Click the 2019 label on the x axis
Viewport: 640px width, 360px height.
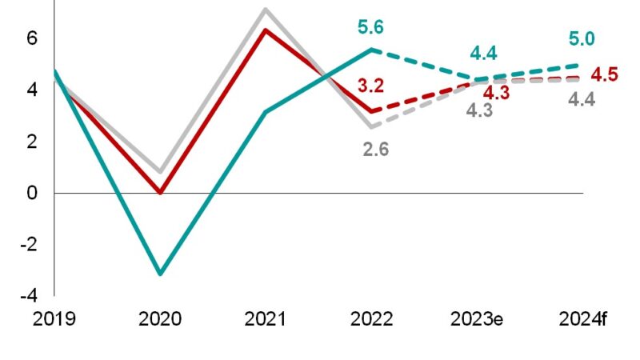54,320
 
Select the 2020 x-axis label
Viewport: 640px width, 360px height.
160,320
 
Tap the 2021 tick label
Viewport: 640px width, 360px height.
266,320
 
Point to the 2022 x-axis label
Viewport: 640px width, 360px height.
371,320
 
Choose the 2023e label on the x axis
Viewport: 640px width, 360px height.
477,320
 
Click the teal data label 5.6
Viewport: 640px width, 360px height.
370,28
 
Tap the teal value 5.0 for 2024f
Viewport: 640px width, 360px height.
581,38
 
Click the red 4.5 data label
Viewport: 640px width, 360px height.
606,75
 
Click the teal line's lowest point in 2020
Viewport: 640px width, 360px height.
160,274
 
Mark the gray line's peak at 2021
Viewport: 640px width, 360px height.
266,10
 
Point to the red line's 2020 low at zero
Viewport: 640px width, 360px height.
160,192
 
